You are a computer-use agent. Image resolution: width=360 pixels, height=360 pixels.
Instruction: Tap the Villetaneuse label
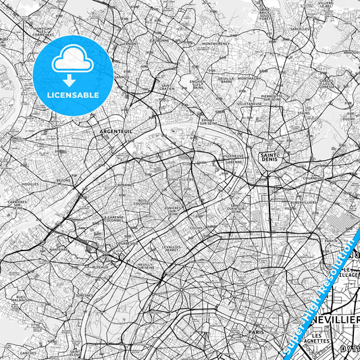(249, 104)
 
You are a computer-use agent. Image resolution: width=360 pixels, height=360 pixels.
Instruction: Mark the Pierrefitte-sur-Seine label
(272, 97)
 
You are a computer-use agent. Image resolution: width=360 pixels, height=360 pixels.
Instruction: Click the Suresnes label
(84, 295)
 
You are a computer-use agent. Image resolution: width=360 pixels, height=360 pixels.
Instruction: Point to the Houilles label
(30, 184)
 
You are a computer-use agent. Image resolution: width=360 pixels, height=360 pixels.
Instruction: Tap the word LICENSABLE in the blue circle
(72, 95)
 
